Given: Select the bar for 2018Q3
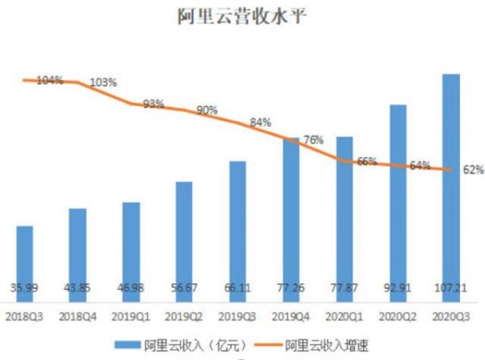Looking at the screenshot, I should pyautogui.click(x=25, y=259).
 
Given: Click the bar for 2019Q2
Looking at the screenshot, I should pyautogui.click(x=184, y=235).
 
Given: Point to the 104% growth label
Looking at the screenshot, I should pyautogui.click(x=49, y=80).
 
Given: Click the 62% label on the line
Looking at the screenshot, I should pyautogui.click(x=474, y=170).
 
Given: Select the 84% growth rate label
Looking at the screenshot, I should pyautogui.click(x=260, y=122).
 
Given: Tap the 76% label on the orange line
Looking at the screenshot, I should pyautogui.click(x=313, y=140).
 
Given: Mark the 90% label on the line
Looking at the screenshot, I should pyautogui.click(x=207, y=110).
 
